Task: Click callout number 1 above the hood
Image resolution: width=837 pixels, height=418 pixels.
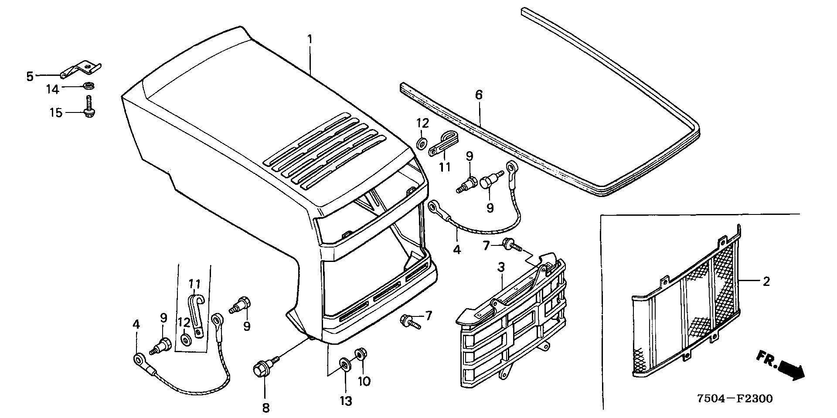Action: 310,39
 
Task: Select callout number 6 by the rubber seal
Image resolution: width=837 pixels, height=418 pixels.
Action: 479,95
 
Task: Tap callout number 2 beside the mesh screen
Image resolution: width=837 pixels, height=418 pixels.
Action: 766,282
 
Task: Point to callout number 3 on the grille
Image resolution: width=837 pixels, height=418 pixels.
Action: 501,267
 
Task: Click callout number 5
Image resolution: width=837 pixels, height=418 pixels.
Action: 30,77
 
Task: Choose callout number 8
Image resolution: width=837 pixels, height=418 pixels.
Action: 265,408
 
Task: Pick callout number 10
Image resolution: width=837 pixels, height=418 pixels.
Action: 364,381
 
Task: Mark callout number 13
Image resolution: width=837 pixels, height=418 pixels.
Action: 346,400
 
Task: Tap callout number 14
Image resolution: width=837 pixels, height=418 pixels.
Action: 53,90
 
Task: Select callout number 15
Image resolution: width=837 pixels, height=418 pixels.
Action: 56,113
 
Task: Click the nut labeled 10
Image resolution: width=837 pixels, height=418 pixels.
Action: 361,353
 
